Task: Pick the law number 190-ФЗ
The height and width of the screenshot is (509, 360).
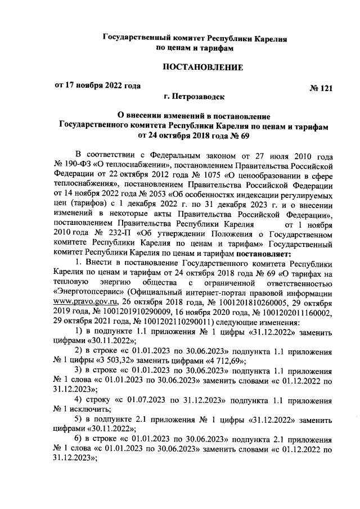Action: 78,164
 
